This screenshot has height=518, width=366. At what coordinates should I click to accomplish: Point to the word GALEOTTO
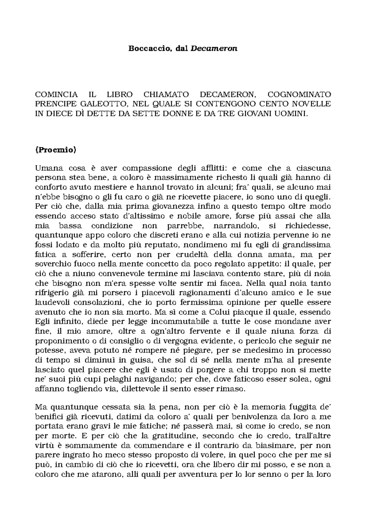click(97, 104)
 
